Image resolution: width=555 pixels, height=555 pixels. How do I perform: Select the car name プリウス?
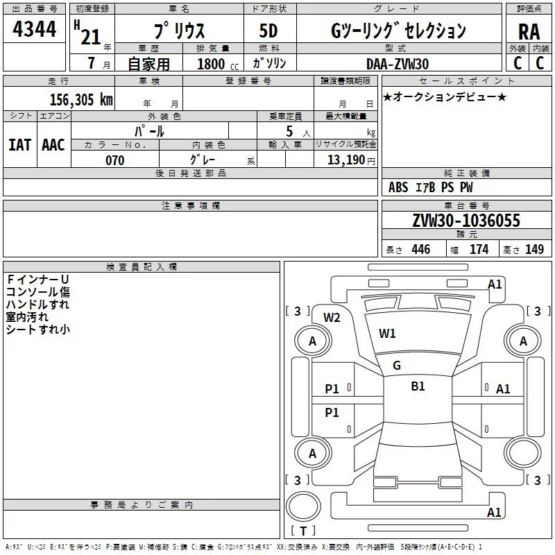point(178,31)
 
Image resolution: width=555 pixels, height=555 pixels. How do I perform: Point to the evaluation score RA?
point(529,31)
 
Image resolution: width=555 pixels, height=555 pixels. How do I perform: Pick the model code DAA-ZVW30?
point(398,64)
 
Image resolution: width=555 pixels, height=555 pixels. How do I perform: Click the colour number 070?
point(114,160)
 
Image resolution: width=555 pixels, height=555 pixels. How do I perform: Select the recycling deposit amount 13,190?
point(348,160)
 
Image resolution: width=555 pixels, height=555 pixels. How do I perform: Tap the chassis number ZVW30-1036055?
point(466,221)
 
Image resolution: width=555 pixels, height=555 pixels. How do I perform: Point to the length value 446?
point(420,250)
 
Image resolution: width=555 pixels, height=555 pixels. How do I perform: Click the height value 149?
point(534,250)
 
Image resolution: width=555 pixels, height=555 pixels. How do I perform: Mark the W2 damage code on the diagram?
point(332,318)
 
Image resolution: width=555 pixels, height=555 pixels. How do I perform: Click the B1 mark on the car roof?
point(418,386)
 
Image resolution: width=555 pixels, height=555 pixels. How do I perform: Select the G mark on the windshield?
point(397,366)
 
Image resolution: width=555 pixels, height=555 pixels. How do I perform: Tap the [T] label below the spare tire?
point(304,532)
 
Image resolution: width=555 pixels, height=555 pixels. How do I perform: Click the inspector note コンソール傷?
point(37,292)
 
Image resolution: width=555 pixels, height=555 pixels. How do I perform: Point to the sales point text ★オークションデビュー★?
point(445,97)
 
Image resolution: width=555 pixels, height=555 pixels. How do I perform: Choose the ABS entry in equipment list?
point(398,187)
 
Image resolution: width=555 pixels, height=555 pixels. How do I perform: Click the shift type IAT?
point(19,144)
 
